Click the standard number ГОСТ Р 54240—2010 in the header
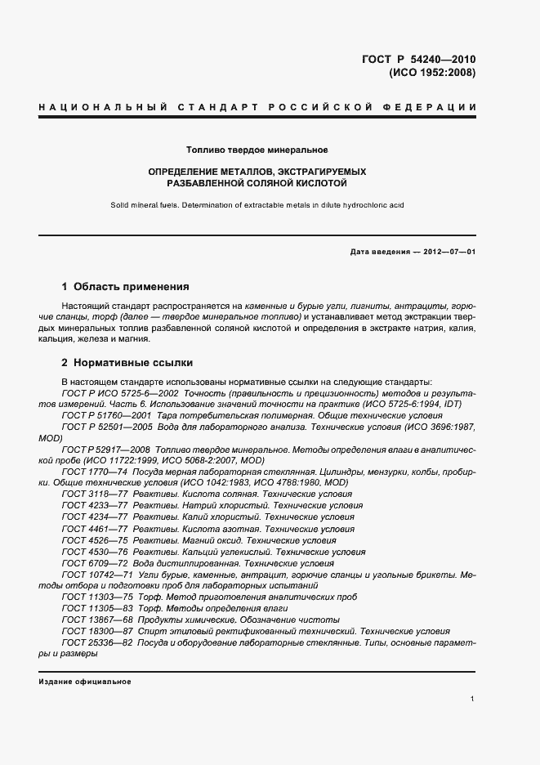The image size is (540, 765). [x=419, y=59]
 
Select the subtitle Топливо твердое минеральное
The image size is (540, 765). [x=257, y=150]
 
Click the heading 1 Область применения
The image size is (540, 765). [x=125, y=287]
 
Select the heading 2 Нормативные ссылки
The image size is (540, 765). [x=127, y=362]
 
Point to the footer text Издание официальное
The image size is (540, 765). [x=85, y=682]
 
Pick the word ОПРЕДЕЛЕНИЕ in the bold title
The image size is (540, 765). [x=184, y=172]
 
